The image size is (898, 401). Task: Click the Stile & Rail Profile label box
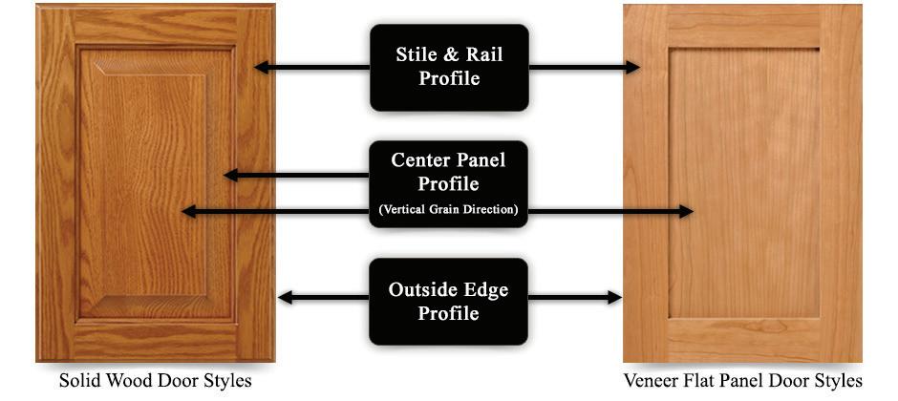pyautogui.click(x=449, y=67)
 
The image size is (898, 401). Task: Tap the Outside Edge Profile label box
pyautogui.click(x=449, y=301)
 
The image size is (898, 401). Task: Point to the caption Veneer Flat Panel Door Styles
pyautogui.click(x=742, y=381)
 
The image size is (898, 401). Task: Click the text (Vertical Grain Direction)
pyautogui.click(x=449, y=209)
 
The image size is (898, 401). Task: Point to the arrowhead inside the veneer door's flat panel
pyautogui.click(x=686, y=211)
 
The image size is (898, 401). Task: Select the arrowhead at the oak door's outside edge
pyautogui.click(x=284, y=299)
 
